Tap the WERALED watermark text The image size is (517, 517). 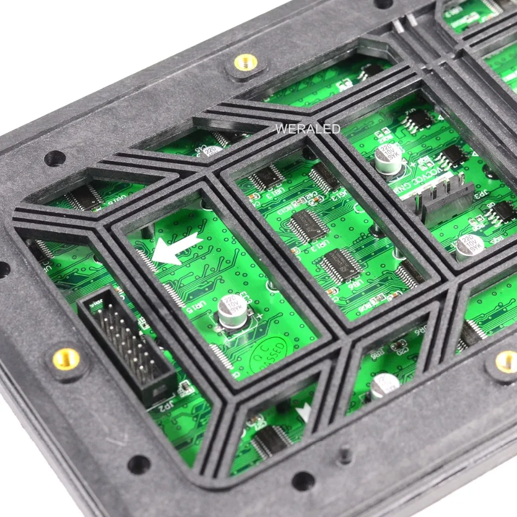308,129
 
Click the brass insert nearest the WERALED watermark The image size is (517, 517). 242,62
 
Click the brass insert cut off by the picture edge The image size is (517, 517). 507,361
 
